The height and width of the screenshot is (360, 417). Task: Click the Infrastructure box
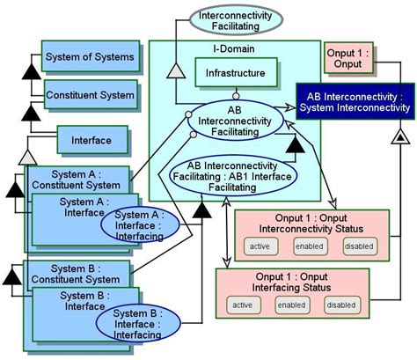tap(236, 72)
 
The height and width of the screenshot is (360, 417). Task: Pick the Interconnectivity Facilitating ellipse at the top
tap(234, 21)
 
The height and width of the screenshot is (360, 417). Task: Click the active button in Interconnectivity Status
tap(259, 246)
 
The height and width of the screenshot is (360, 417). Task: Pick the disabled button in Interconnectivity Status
tap(357, 246)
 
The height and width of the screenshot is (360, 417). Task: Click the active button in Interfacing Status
tap(242, 305)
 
